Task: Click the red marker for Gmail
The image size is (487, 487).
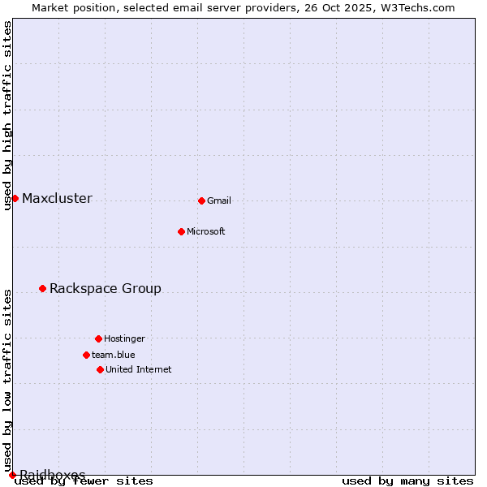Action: [201, 200]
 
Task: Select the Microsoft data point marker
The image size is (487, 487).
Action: [181, 231]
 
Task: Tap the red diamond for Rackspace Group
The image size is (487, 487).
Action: [42, 288]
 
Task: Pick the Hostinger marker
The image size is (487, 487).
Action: [98, 338]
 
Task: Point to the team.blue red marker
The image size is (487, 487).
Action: [86, 355]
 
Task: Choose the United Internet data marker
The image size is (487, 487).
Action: [100, 369]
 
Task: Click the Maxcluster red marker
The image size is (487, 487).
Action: [15, 198]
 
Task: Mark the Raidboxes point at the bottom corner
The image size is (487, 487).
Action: [12, 475]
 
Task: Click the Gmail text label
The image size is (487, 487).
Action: [219, 201]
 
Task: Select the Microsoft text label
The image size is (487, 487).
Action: [206, 232]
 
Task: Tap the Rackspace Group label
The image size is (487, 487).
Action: [106, 289]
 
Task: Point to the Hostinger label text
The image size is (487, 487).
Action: [124, 339]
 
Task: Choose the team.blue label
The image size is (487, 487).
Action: [114, 356]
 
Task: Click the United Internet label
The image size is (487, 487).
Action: [139, 370]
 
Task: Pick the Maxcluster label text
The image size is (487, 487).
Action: [57, 199]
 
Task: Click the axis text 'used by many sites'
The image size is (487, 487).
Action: [407, 481]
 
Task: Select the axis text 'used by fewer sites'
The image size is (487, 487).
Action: [84, 481]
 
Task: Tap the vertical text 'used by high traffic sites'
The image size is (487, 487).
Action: [8, 115]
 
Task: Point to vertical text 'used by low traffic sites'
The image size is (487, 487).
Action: [8, 380]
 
